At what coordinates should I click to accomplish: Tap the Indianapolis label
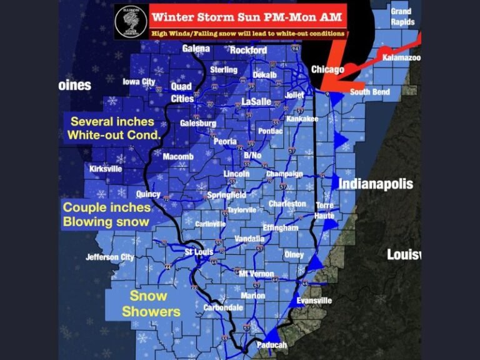point(376,184)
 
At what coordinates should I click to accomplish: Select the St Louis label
point(199,252)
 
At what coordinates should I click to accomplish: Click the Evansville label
point(314,301)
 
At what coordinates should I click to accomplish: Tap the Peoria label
point(225,141)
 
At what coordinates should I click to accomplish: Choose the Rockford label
point(248,50)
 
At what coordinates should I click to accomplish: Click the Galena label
point(196,48)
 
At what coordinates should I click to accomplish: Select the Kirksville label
point(105,169)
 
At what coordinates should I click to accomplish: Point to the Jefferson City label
point(110,257)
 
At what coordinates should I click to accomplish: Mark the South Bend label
point(369,92)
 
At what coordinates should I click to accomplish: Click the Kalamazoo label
point(401,57)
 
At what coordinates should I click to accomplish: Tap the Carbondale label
point(223,307)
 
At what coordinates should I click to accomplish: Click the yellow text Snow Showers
point(150,304)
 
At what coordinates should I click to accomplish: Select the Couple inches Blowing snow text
point(106,214)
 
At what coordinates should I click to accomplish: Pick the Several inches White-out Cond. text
point(114,128)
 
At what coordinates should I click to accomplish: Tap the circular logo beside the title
point(131,22)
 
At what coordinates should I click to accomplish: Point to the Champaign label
point(284,174)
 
